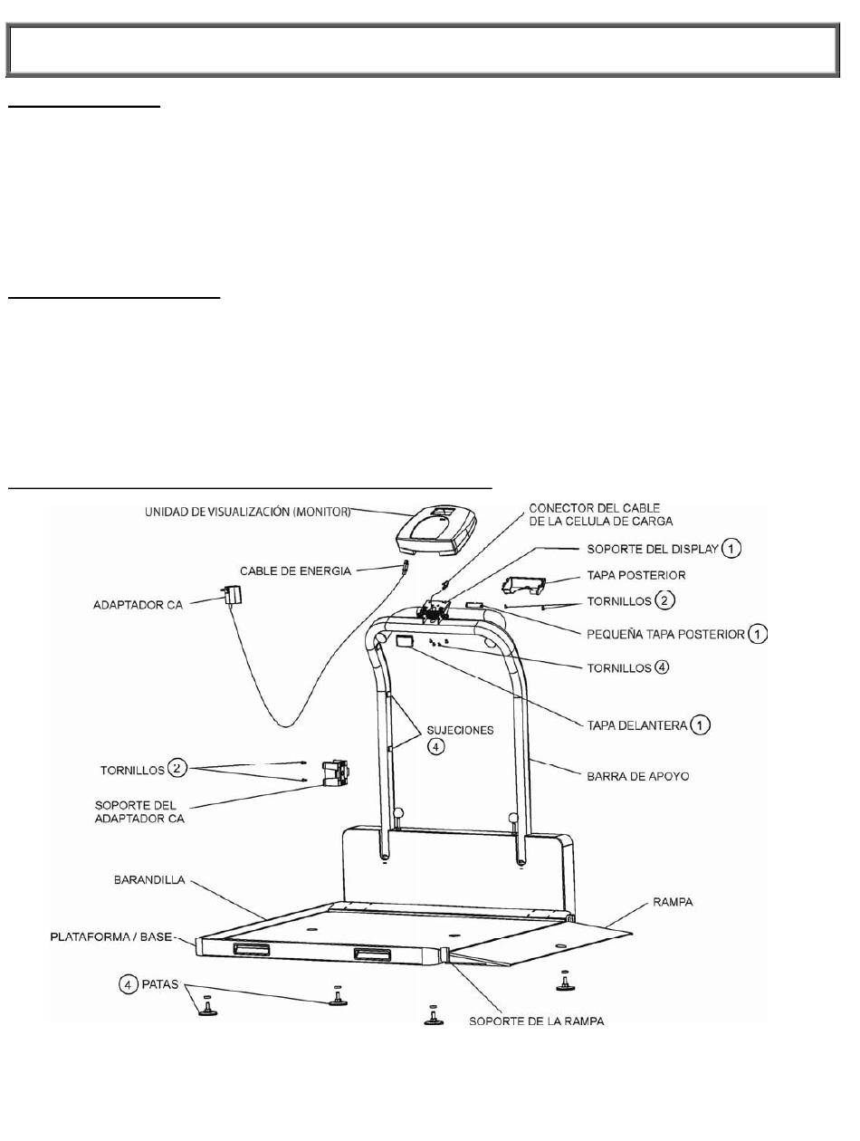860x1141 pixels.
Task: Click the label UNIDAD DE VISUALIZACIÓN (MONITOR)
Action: point(247,513)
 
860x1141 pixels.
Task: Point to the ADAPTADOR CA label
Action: point(138,604)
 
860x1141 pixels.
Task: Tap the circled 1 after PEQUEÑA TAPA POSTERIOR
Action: point(757,634)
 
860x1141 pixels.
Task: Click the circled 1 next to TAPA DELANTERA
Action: point(699,724)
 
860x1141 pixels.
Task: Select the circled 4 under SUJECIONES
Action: point(436,749)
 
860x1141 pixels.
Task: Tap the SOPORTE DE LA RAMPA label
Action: point(537,1021)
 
